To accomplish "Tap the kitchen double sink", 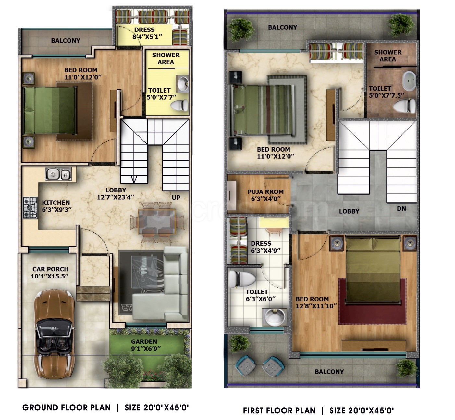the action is [x=58, y=174].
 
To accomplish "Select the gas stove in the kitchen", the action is [x=30, y=208].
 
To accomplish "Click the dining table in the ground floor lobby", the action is [x=157, y=222].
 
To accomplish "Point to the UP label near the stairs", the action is [x=176, y=198].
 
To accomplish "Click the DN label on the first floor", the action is [x=401, y=208].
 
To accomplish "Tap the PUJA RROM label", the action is [x=265, y=191].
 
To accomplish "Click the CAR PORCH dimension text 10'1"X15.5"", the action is [x=49, y=276].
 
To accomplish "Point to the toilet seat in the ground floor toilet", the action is [x=179, y=105].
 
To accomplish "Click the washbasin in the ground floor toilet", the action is [x=183, y=84].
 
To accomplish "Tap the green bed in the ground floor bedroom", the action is [x=49, y=110].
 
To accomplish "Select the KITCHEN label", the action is [x=56, y=203].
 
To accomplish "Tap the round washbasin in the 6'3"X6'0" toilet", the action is [x=275, y=317].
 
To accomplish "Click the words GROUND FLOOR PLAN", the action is [x=67, y=407].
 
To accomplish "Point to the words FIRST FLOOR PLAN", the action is [x=279, y=410].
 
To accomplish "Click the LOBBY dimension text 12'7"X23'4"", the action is [x=116, y=197].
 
